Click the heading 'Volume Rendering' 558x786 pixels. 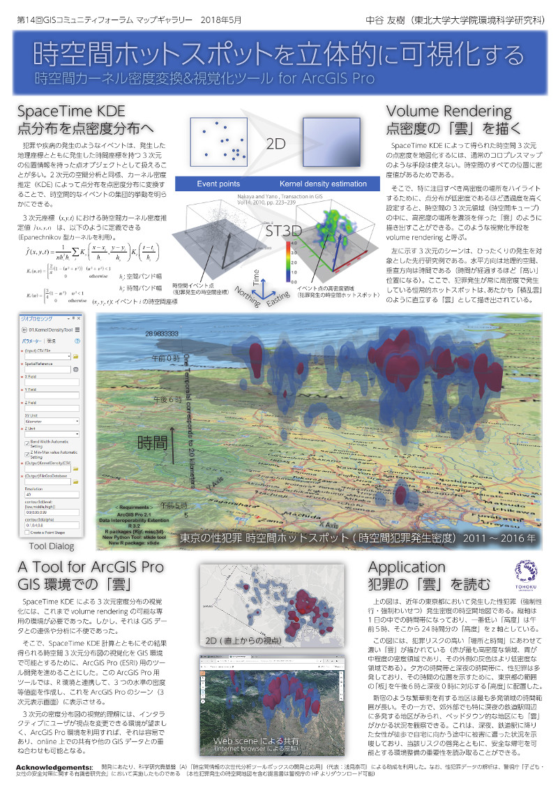(449, 112)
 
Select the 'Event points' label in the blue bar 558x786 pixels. (218, 184)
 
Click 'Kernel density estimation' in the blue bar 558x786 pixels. (323, 184)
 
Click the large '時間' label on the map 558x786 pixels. (151, 441)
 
